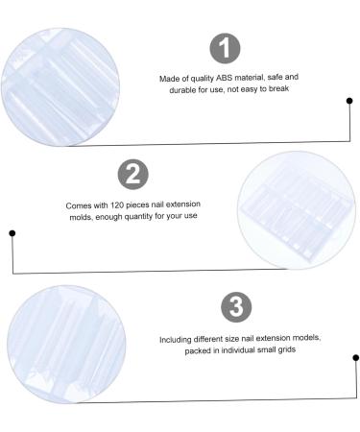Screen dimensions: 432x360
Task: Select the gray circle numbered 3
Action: pyautogui.click(x=236, y=308)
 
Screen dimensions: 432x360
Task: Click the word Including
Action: pyautogui.click(x=177, y=339)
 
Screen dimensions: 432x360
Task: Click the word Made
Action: pyautogui.click(x=170, y=76)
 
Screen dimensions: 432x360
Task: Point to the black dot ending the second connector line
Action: pyautogui.click(x=12, y=231)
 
